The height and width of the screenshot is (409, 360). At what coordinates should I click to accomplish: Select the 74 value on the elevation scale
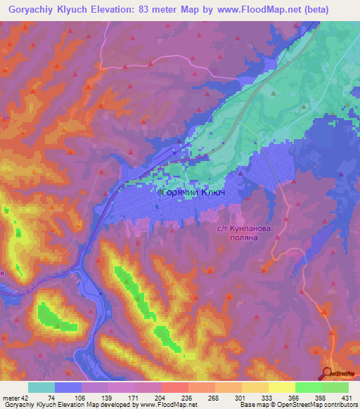(53, 398)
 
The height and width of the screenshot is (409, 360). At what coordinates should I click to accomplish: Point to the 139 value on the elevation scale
(98, 398)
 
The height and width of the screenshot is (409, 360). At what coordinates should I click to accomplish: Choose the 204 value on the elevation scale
(143, 398)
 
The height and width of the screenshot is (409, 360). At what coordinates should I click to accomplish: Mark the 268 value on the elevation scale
(189, 398)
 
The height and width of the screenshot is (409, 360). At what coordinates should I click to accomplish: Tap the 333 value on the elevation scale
(234, 398)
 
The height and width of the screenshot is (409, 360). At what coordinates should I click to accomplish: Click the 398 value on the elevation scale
(280, 398)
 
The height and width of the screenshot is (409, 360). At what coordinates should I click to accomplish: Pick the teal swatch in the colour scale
(41, 387)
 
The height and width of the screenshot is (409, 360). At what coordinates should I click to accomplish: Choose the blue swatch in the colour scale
(68, 387)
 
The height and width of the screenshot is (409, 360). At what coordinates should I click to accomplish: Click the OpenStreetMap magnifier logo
(327, 373)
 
